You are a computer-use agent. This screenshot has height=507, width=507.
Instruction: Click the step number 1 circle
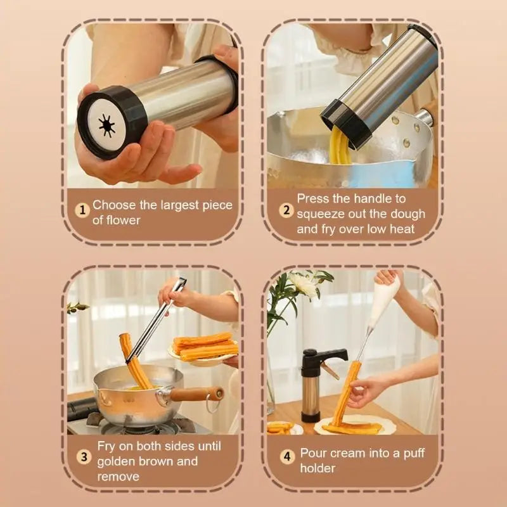point(82,210)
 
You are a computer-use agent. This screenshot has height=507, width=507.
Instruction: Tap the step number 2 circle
point(286,210)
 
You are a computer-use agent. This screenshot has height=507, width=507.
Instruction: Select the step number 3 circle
point(82,457)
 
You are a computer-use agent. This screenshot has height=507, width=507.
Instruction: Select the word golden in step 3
point(118,461)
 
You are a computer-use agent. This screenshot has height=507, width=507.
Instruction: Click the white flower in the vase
point(302,285)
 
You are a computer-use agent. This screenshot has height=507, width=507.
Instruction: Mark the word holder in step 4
point(318,469)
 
